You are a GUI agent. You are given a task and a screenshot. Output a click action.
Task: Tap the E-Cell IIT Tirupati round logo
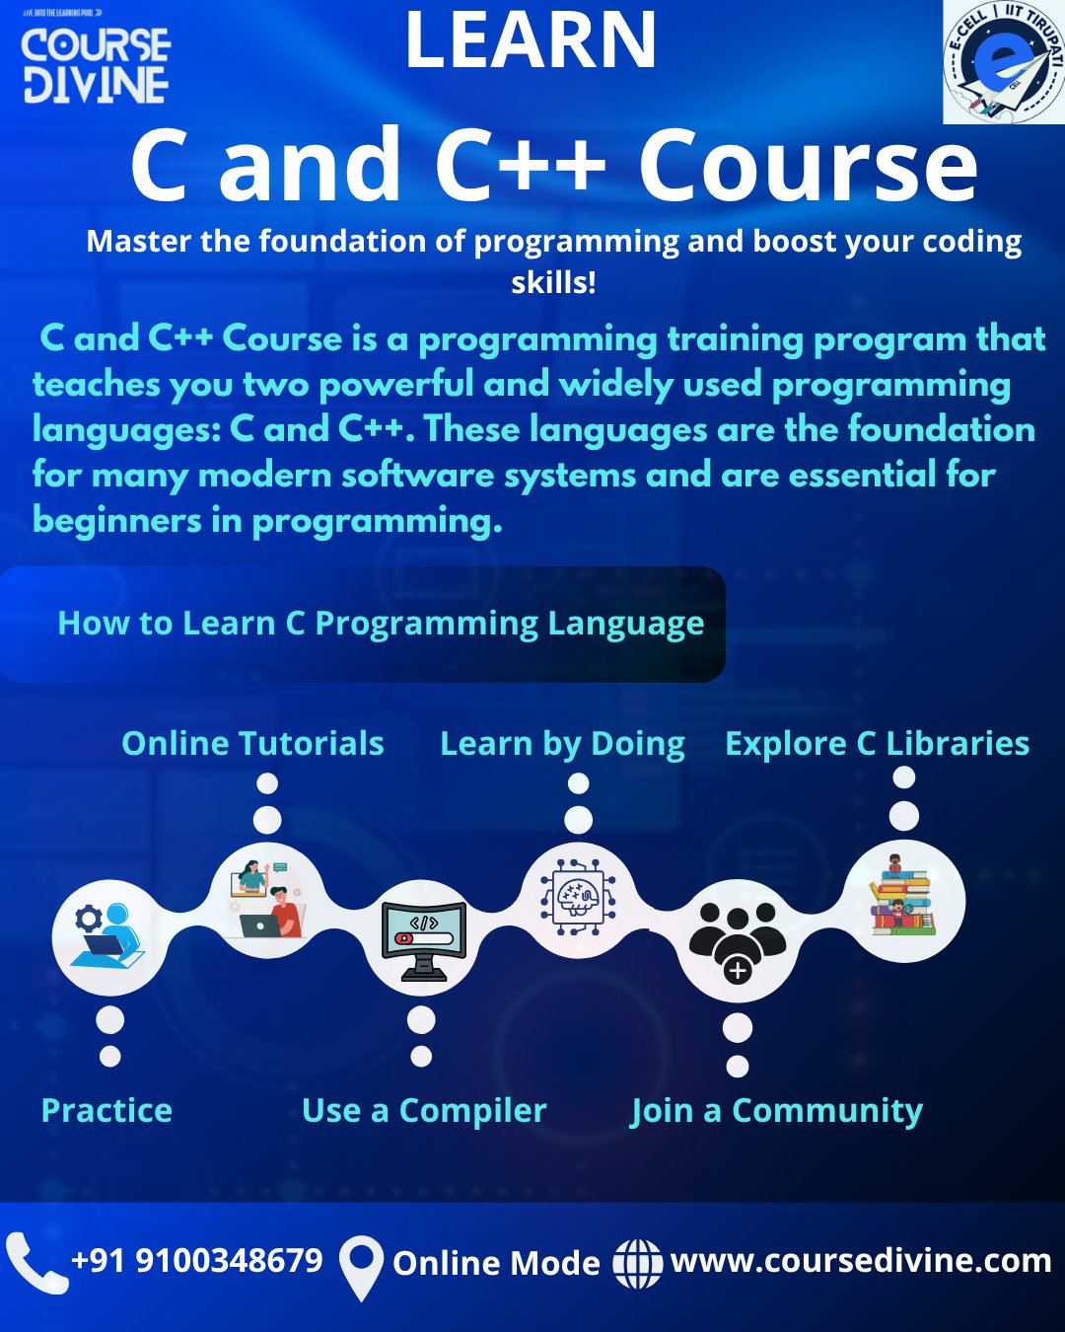click(x=1004, y=62)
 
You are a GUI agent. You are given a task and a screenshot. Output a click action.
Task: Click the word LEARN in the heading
click(x=531, y=40)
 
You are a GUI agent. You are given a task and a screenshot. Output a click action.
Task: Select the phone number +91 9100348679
click(x=197, y=1260)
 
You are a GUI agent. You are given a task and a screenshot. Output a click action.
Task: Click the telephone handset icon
click(x=35, y=1263)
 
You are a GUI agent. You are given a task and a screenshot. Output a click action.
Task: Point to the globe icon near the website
click(x=637, y=1264)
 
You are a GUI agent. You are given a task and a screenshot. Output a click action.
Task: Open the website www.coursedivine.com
click(x=861, y=1261)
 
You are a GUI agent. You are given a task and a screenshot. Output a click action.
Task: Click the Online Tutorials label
click(x=252, y=743)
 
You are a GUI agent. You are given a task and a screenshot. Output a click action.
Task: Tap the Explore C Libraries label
click(x=877, y=744)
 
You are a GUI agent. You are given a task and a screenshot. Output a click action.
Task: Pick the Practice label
click(x=106, y=1110)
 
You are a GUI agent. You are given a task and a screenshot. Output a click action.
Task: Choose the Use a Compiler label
click(x=424, y=1111)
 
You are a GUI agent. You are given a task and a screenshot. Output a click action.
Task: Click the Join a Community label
click(x=776, y=1111)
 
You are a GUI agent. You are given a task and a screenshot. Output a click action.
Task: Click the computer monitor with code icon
click(x=424, y=941)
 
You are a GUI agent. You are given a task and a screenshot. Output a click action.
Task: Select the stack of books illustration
click(x=903, y=894)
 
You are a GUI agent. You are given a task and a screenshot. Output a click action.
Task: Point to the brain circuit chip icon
click(x=578, y=897)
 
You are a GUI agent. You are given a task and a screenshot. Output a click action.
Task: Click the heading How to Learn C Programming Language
click(x=381, y=624)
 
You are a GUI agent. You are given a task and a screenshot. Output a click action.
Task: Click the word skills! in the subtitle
click(x=553, y=282)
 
